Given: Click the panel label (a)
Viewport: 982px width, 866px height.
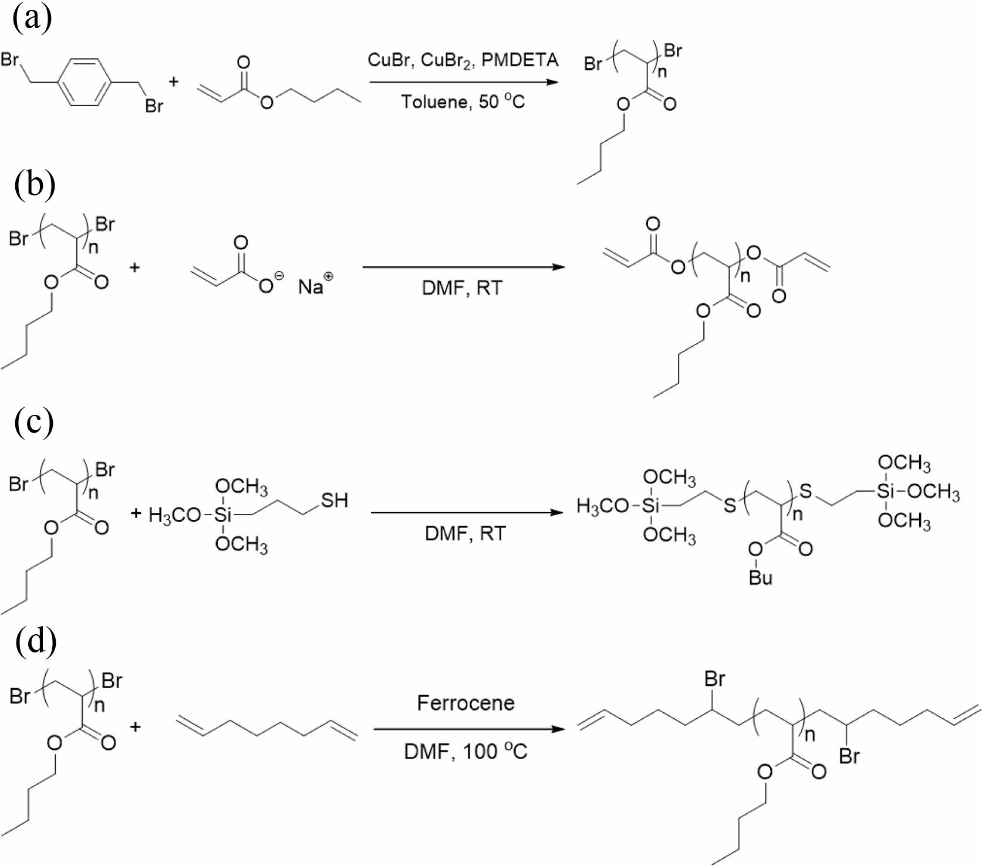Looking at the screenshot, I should (x=32, y=18).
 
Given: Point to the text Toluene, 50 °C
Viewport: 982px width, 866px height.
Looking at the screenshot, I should (x=463, y=102).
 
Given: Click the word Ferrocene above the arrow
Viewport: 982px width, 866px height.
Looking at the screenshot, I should (x=465, y=702).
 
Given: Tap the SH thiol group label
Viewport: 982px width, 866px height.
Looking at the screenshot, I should (x=334, y=500).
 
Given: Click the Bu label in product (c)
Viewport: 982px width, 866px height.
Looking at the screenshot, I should (x=760, y=578).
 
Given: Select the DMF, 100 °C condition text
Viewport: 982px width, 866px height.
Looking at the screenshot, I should (x=465, y=751).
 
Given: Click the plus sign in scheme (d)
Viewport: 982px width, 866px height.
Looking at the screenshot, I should (x=136, y=727).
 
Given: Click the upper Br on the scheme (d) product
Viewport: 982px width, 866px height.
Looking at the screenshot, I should (x=714, y=679).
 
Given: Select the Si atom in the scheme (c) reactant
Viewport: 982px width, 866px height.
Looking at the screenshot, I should (x=222, y=515).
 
